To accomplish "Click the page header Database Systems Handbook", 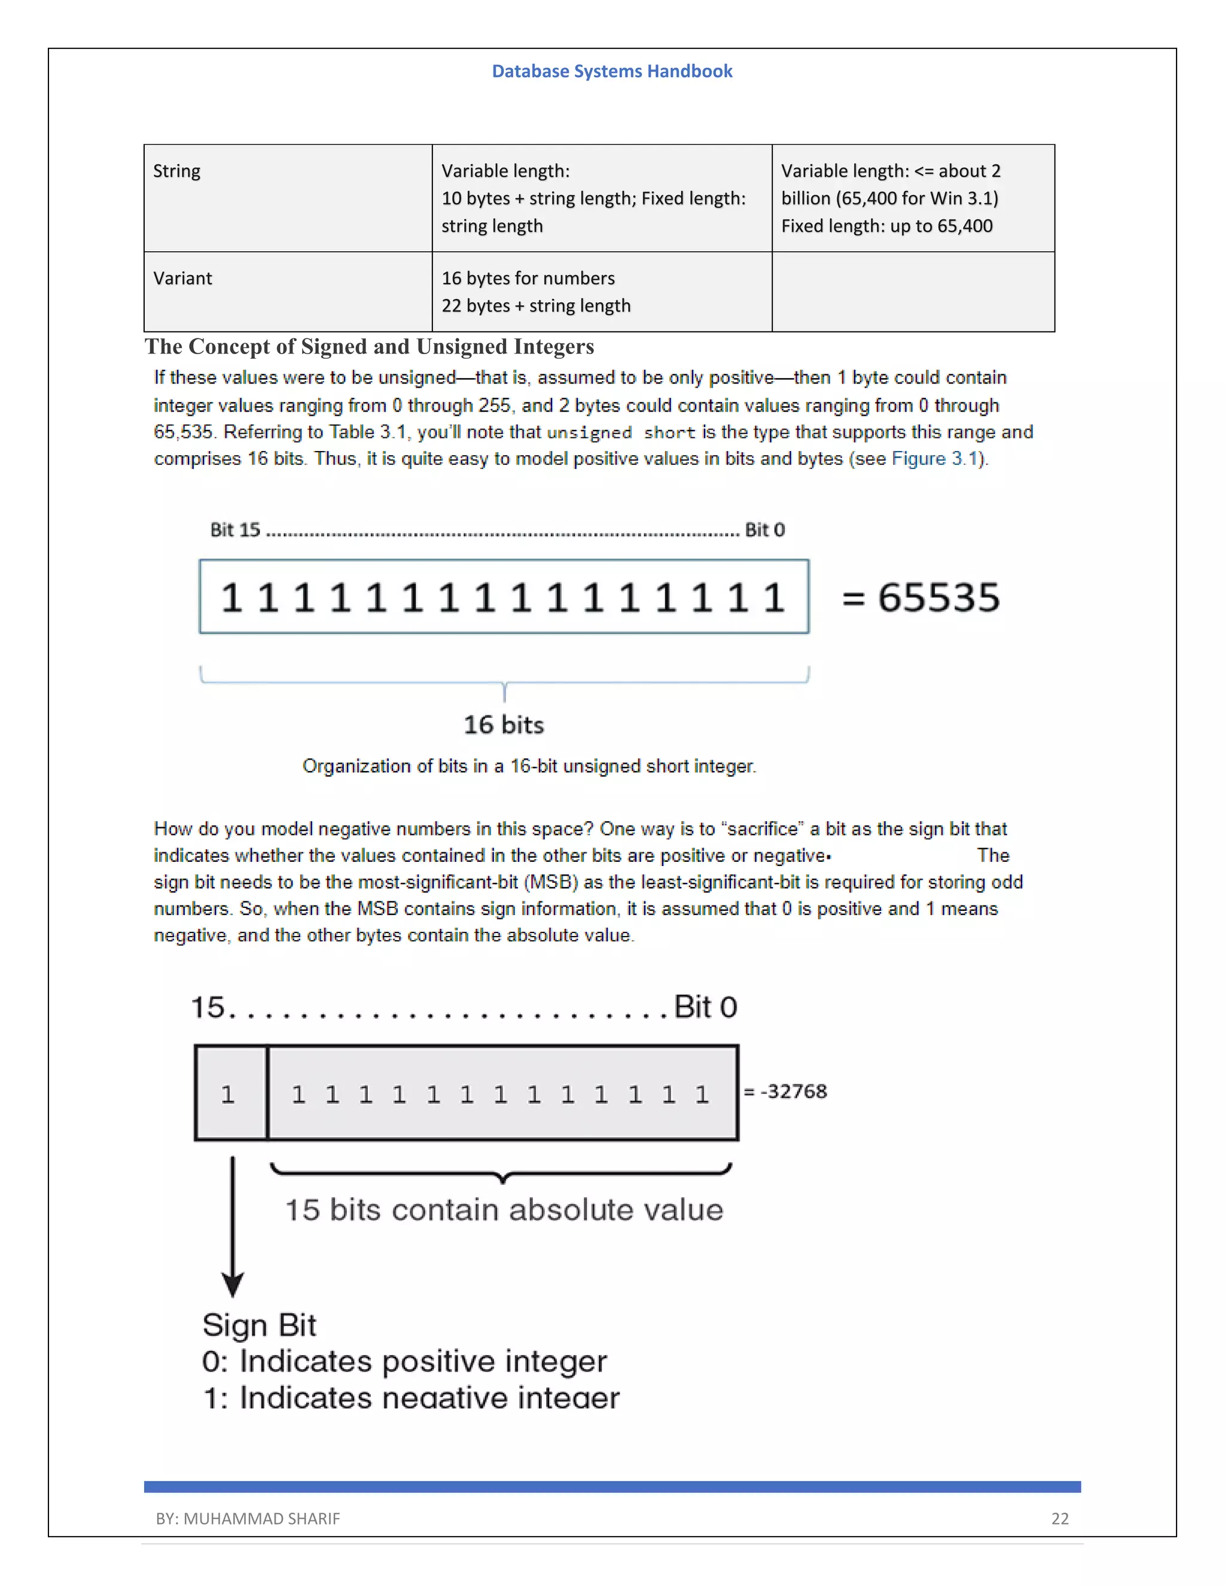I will click(x=612, y=71).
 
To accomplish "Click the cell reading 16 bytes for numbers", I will click(x=528, y=279).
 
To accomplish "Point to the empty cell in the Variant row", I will click(x=912, y=292).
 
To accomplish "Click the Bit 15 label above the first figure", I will click(x=234, y=530).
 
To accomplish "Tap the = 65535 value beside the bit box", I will click(x=920, y=598).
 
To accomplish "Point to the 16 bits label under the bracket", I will click(x=504, y=724).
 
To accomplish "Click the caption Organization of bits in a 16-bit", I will click(x=529, y=766).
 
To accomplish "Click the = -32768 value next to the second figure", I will click(x=786, y=1092).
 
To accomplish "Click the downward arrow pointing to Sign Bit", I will click(x=233, y=1227).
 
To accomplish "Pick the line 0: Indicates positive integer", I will click(x=404, y=1361).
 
